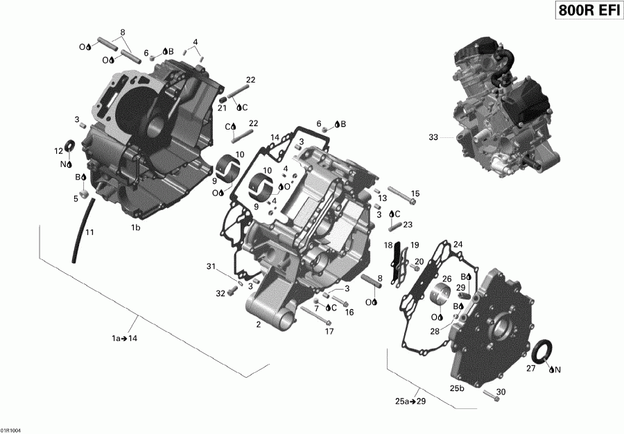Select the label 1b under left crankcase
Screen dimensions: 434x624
click(136, 227)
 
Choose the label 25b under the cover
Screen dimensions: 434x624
click(458, 388)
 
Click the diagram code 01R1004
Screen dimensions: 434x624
click(12, 428)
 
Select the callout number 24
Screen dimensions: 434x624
click(458, 244)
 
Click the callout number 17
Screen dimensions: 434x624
click(329, 331)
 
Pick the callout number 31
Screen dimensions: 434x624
click(211, 268)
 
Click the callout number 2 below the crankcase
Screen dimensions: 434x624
click(259, 324)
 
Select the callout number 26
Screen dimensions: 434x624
click(447, 279)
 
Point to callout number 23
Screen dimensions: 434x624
click(408, 224)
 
